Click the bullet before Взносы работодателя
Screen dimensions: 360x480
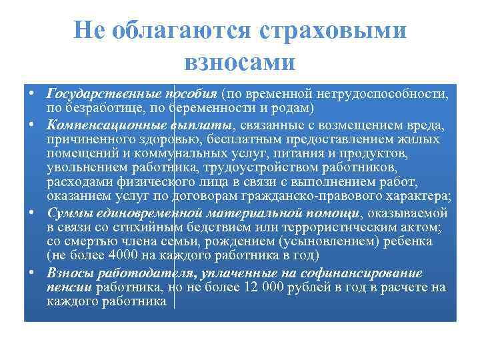point(33,272)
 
